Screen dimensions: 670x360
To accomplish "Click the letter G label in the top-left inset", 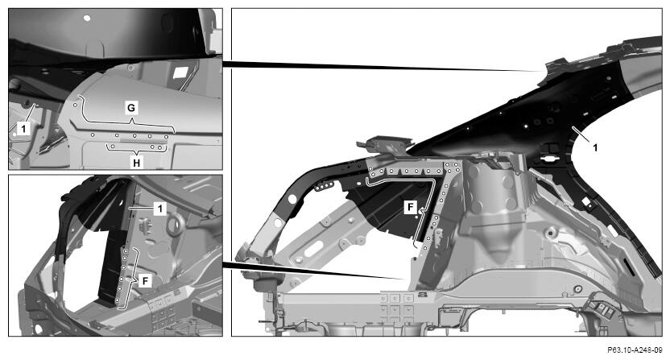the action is coord(131,108).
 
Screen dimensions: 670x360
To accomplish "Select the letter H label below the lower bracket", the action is coord(136,163).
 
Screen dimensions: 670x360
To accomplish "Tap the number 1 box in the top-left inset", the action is coord(24,128).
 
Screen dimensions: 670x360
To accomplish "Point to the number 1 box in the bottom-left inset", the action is coord(159,209).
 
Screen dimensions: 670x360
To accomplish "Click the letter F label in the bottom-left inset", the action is coord(146,281).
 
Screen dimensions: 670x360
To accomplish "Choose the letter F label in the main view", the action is coord(410,207).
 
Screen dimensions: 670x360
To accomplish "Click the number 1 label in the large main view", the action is coord(595,147).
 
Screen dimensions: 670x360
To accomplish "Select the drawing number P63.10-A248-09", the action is coord(635,350).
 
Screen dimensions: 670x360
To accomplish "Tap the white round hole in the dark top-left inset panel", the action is coord(87,19).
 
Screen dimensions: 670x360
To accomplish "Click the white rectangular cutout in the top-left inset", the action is coord(180,72).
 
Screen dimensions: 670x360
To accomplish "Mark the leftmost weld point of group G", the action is coord(75,105).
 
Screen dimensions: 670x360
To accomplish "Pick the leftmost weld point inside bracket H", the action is coord(113,147).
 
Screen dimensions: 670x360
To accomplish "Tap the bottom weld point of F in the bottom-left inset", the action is coord(118,301).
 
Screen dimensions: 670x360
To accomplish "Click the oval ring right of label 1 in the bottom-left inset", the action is coord(176,225).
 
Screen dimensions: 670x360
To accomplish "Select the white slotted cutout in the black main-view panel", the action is coord(548,159).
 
